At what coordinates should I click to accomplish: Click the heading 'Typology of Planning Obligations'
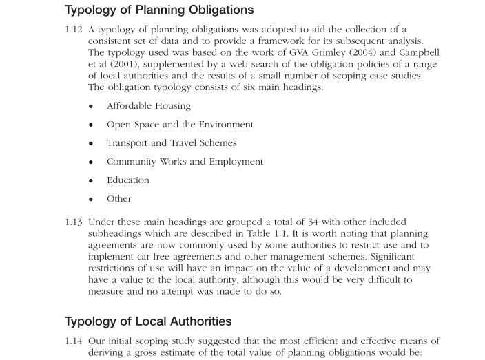click(159, 10)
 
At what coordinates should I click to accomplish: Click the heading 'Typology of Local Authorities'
click(148, 321)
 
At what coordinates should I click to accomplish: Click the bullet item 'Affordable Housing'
click(149, 106)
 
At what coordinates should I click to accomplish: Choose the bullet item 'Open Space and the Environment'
click(180, 125)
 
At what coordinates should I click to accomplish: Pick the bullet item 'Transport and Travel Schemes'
click(172, 143)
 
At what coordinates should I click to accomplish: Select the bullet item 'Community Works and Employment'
click(185, 162)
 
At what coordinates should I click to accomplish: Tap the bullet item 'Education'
click(128, 180)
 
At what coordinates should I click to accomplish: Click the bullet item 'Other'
click(119, 199)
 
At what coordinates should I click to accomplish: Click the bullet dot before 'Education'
click(91, 181)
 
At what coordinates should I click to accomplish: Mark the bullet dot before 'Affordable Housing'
click(91, 107)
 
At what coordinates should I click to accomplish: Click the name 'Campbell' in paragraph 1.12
click(417, 53)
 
